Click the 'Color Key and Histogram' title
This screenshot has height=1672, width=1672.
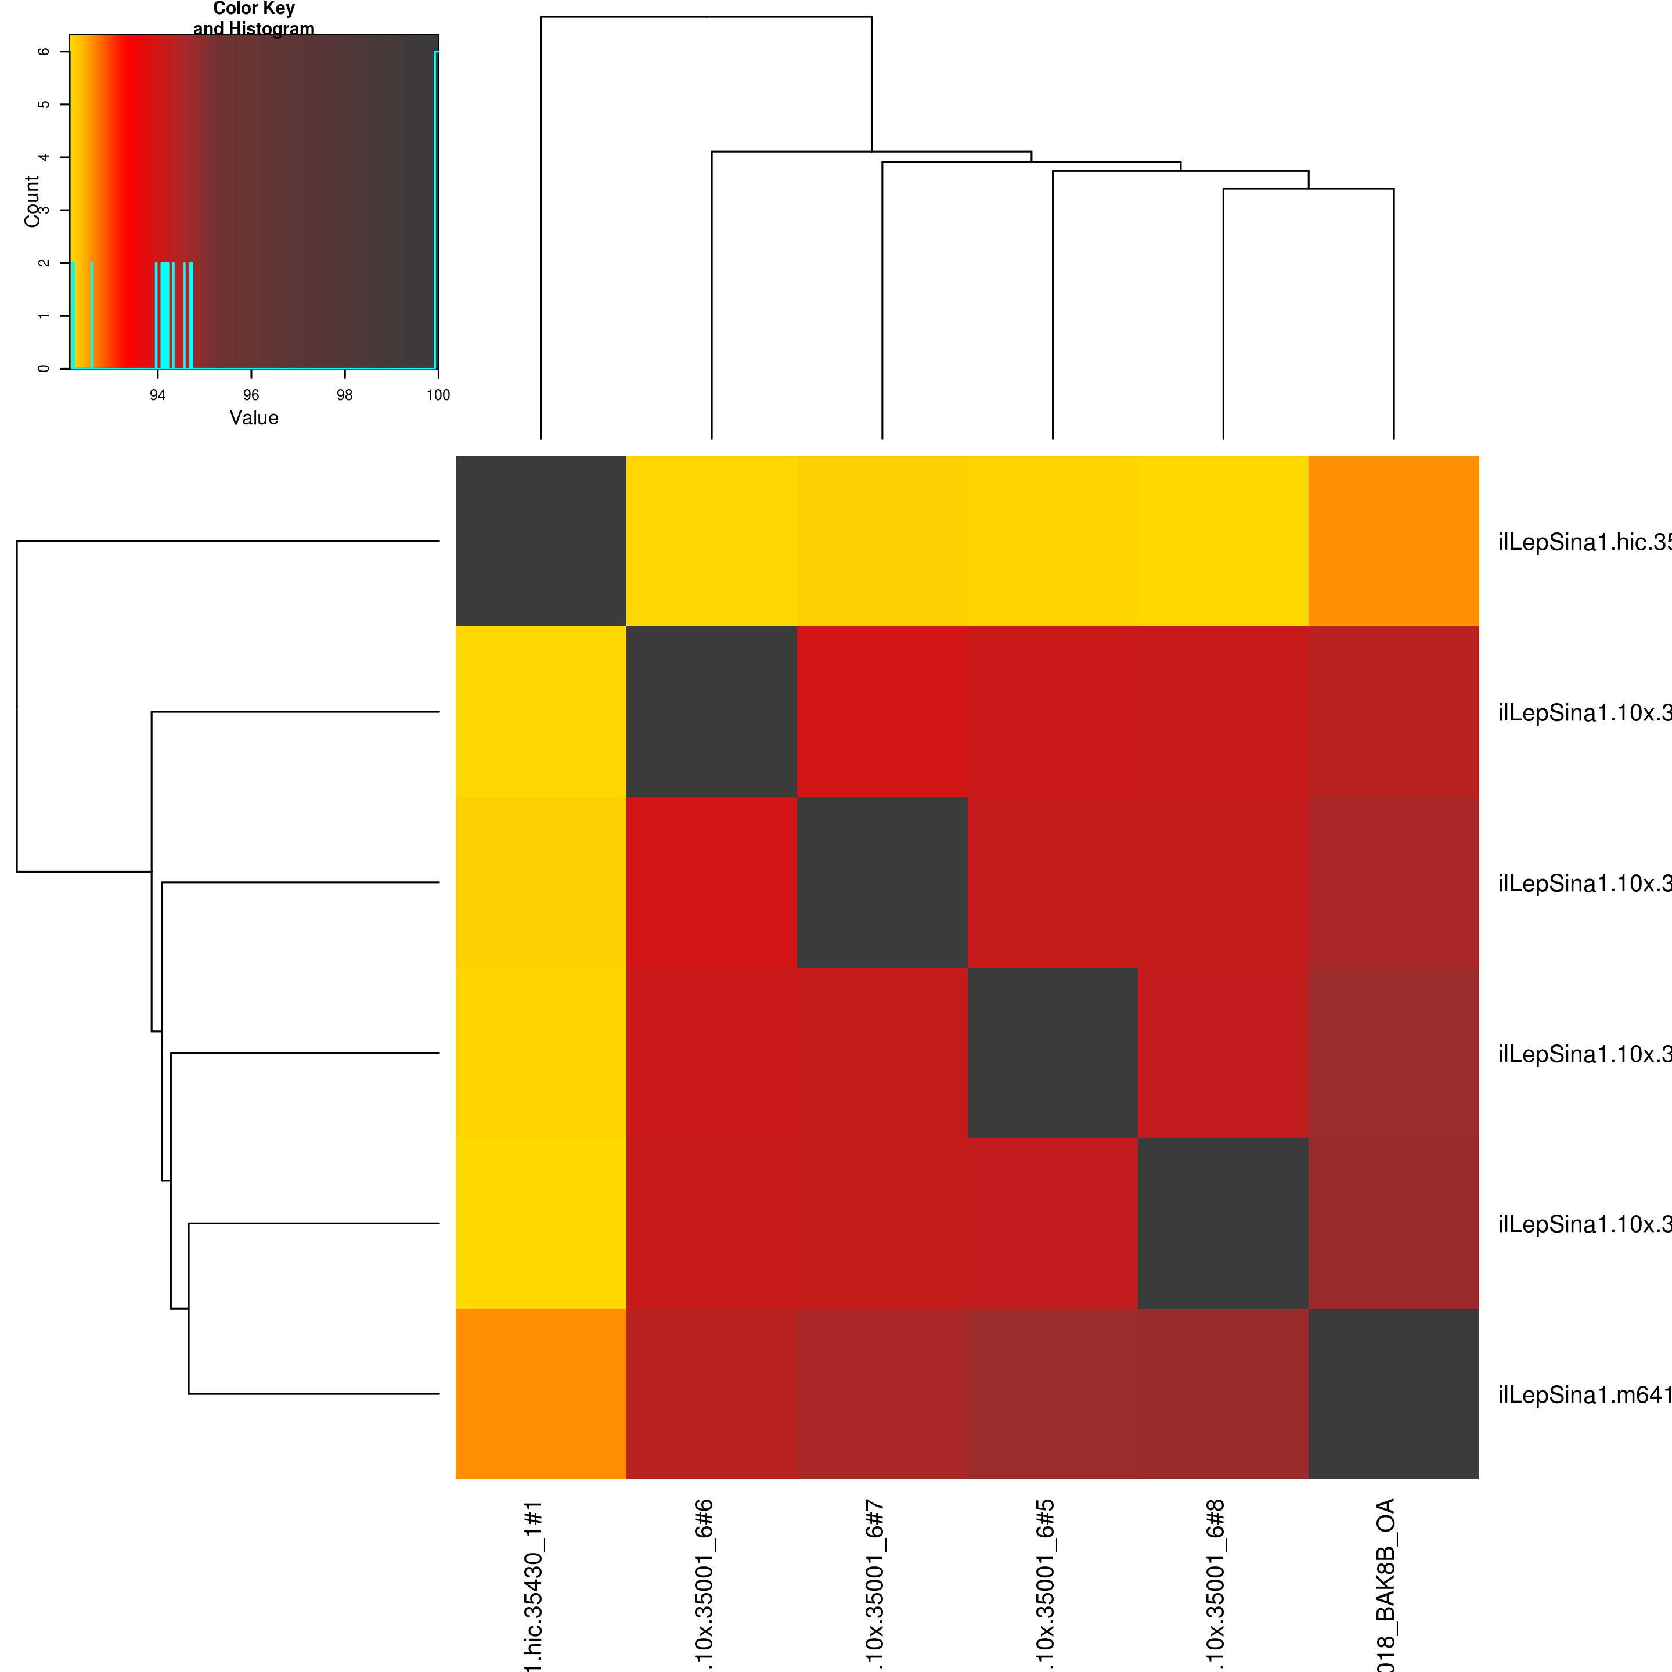click(254, 18)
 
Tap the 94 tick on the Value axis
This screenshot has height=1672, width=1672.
click(157, 395)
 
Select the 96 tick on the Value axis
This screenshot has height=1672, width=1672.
click(251, 395)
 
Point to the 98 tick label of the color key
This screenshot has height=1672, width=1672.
click(344, 395)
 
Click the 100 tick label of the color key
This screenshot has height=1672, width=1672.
click(438, 395)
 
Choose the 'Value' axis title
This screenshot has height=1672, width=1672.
click(254, 418)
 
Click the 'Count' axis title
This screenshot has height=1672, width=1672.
click(32, 201)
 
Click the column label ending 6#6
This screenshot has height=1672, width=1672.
click(704, 1584)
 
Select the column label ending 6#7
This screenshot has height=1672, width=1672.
click(875, 1584)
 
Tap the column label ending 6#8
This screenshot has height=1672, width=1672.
click(1216, 1584)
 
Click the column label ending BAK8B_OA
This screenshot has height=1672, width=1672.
click(1386, 1584)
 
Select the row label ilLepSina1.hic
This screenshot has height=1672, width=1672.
click(1584, 543)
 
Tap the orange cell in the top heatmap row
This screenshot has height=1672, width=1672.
click(1393, 541)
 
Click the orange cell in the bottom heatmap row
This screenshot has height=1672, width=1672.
click(541, 1393)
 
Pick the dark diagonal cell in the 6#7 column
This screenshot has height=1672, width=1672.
click(882, 882)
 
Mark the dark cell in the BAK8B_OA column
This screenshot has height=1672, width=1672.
click(1393, 1393)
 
